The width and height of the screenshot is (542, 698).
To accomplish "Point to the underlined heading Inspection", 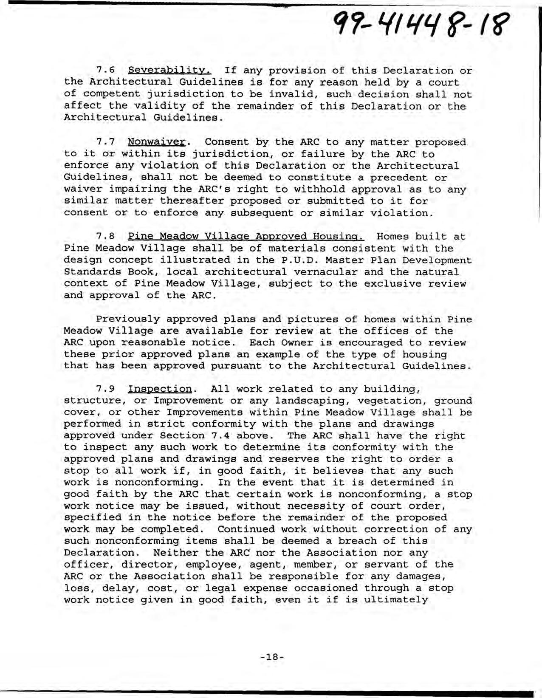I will click(160, 389).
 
